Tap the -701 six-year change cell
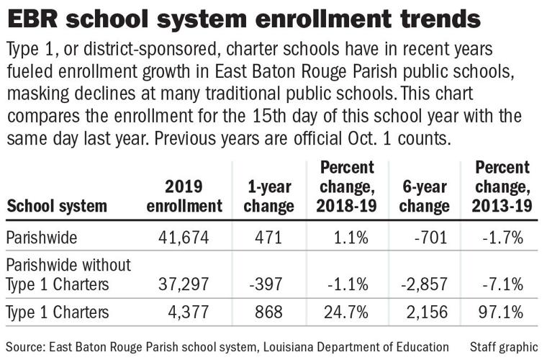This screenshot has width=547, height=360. pyautogui.click(x=432, y=238)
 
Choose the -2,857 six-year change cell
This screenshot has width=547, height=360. pyautogui.click(x=425, y=284)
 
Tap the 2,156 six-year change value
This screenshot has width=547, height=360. pyautogui.click(x=427, y=312)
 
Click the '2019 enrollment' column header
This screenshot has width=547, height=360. pyautogui.click(x=184, y=197)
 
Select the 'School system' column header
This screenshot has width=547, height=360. pyautogui.click(x=57, y=207)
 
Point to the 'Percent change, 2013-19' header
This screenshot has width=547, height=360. pyautogui.click(x=502, y=187)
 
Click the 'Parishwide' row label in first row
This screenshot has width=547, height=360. pyautogui.click(x=40, y=238)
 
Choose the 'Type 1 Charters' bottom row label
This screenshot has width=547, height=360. pyautogui.click(x=58, y=312)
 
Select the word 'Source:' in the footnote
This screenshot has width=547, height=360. pyautogui.click(x=27, y=346)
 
